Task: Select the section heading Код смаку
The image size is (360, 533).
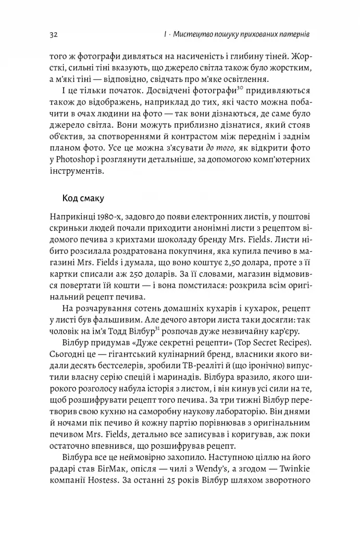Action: (83, 198)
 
